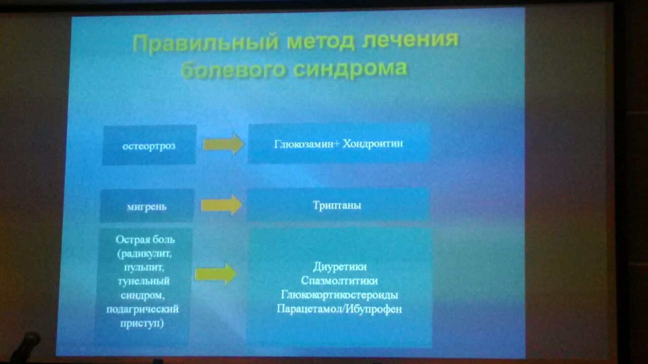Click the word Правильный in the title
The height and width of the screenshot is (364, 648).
[206, 43]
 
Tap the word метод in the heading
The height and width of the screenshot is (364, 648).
[321, 41]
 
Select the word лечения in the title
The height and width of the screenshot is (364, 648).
[411, 39]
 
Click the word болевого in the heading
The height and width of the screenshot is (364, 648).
[233, 70]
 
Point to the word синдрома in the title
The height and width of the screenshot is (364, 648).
[351, 70]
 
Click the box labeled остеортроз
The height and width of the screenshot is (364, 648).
[149, 145]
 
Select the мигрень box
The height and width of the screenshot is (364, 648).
[147, 206]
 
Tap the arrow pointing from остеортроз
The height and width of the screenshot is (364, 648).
[223, 144]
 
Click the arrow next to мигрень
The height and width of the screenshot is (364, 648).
[221, 205]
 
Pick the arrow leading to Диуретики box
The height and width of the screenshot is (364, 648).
[216, 274]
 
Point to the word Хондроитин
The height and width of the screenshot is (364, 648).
[373, 143]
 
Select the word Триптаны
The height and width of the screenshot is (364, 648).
[337, 205]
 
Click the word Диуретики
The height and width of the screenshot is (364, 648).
[340, 266]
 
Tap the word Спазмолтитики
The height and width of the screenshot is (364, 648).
[339, 281]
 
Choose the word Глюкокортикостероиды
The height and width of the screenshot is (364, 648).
[339, 295]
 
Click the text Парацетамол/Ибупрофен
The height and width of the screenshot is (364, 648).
[339, 309]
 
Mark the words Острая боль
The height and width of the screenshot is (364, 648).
[145, 240]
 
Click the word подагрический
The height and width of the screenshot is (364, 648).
[142, 309]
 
